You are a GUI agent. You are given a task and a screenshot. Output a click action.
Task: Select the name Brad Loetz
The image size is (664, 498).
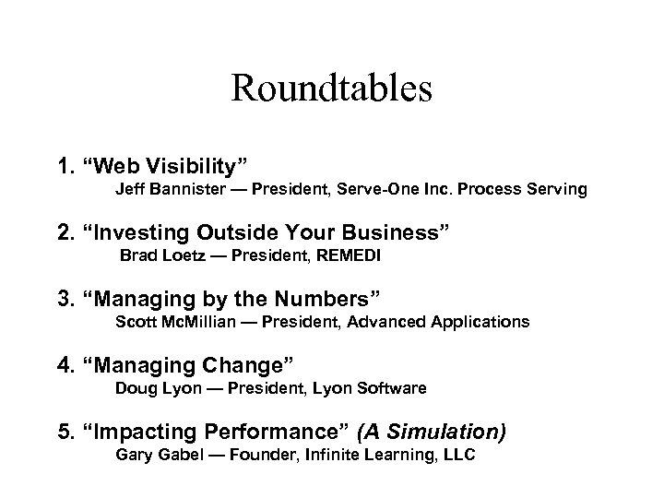160,255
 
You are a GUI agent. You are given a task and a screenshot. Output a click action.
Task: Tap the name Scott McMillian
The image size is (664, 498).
172,322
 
